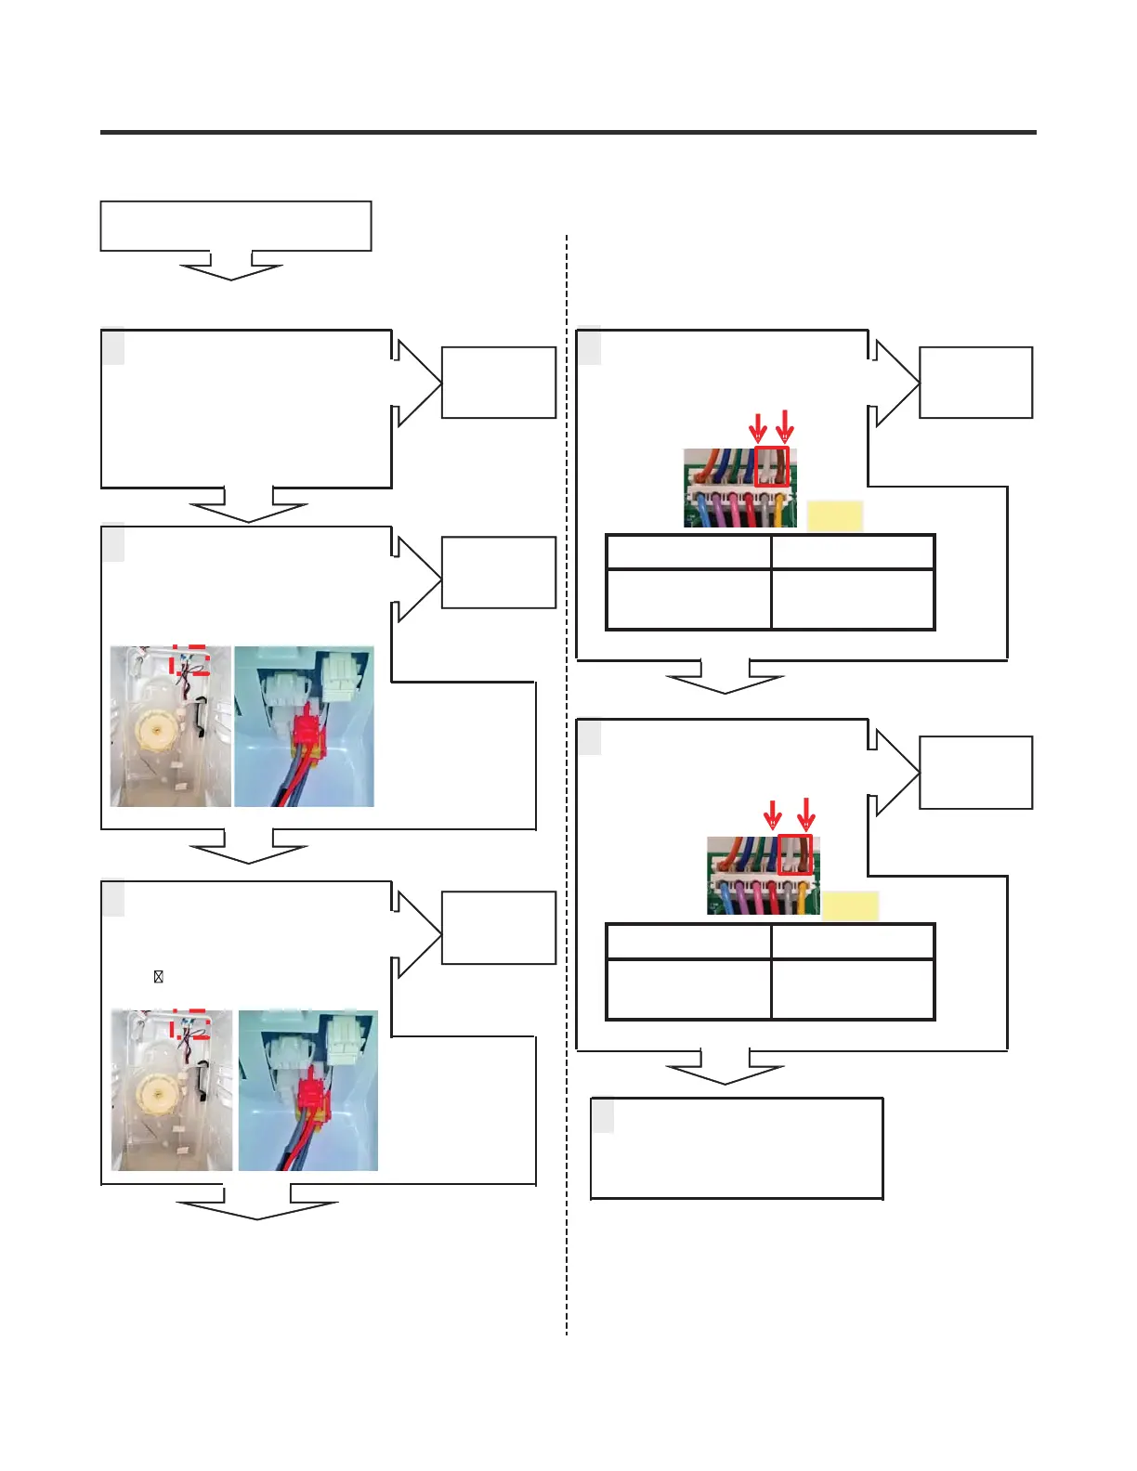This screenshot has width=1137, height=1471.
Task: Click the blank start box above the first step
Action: click(236, 226)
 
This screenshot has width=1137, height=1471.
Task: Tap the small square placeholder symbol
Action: click(159, 977)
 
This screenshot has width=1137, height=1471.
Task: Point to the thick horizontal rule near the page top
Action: click(568, 133)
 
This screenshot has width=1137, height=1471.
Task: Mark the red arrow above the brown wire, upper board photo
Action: click(785, 426)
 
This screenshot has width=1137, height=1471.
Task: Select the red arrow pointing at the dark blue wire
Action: click(772, 815)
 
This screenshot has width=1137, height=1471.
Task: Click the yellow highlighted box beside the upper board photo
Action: click(834, 516)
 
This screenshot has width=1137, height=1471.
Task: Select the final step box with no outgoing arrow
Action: click(737, 1149)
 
